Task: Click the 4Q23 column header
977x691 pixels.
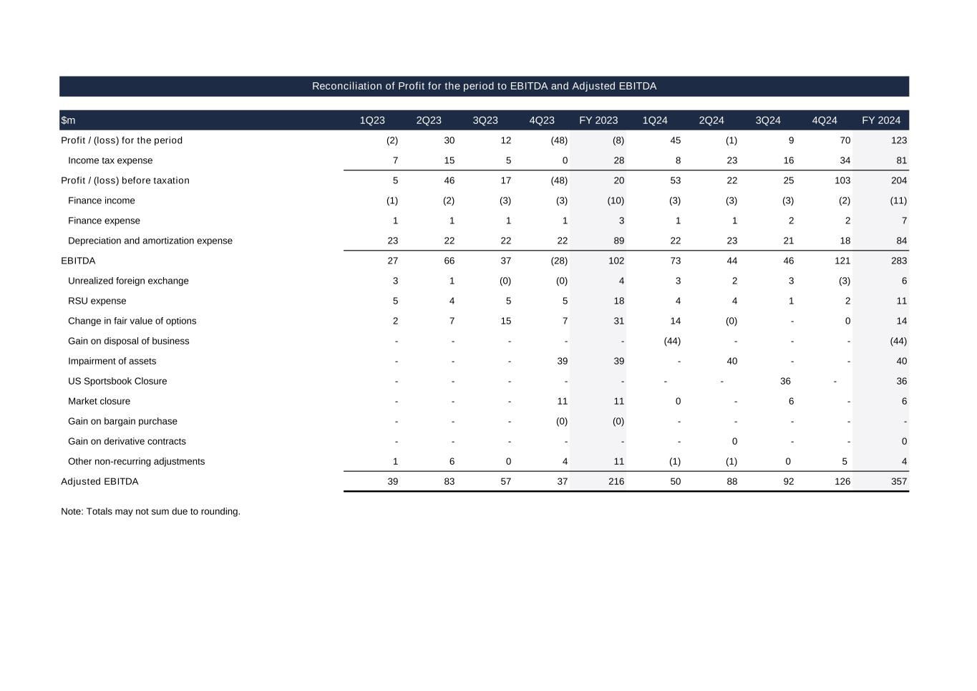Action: (x=542, y=120)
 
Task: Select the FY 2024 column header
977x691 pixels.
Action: (x=880, y=120)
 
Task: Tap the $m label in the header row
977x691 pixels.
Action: (x=68, y=120)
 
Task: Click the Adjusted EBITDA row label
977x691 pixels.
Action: (x=99, y=481)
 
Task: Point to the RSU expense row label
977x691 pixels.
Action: (x=97, y=301)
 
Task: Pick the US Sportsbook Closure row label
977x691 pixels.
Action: (x=117, y=381)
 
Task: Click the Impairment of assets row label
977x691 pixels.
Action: (x=112, y=361)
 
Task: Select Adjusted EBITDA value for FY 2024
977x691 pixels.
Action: (x=898, y=481)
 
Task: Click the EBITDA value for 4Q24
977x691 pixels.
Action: (x=842, y=261)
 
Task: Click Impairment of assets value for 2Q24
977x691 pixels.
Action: (x=731, y=361)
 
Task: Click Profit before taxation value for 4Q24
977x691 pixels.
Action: (x=842, y=180)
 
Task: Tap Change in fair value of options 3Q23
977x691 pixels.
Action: (x=505, y=321)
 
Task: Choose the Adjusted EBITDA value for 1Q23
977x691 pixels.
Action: (x=392, y=481)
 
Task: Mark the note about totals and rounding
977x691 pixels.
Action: (x=150, y=511)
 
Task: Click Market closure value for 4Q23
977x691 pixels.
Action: (x=562, y=401)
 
